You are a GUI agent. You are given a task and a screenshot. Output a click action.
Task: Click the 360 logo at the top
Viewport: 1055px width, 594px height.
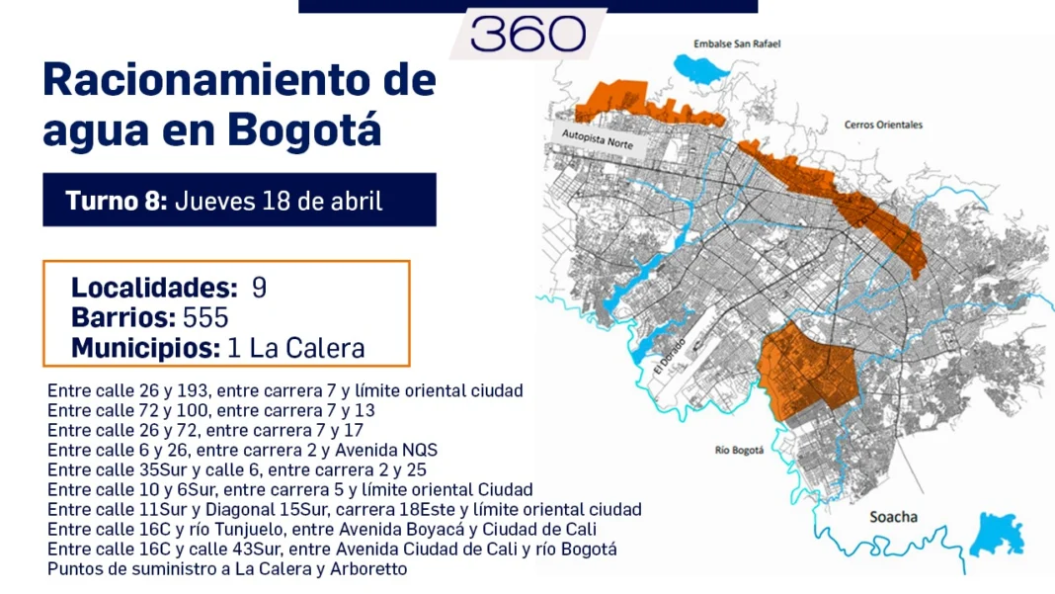528,36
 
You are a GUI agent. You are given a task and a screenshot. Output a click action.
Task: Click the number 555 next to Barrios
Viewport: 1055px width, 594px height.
205,318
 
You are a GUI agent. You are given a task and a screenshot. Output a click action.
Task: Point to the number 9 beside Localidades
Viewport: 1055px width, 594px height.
259,289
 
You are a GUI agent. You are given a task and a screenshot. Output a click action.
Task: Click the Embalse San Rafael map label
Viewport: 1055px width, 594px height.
737,44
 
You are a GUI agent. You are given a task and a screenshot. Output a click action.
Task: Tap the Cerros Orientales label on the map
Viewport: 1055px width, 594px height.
883,126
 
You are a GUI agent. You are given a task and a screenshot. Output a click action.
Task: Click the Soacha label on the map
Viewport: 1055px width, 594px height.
893,517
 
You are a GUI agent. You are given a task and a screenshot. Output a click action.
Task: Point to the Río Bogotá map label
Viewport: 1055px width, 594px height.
740,451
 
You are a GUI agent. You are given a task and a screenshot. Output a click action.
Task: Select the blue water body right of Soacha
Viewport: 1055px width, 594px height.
999,535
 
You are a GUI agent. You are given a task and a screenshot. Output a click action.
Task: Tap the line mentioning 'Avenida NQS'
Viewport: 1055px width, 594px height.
242,450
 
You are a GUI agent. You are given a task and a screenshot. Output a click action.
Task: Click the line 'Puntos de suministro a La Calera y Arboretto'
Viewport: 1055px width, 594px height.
227,569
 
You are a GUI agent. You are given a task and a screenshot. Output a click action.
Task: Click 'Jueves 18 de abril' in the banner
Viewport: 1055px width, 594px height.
279,201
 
